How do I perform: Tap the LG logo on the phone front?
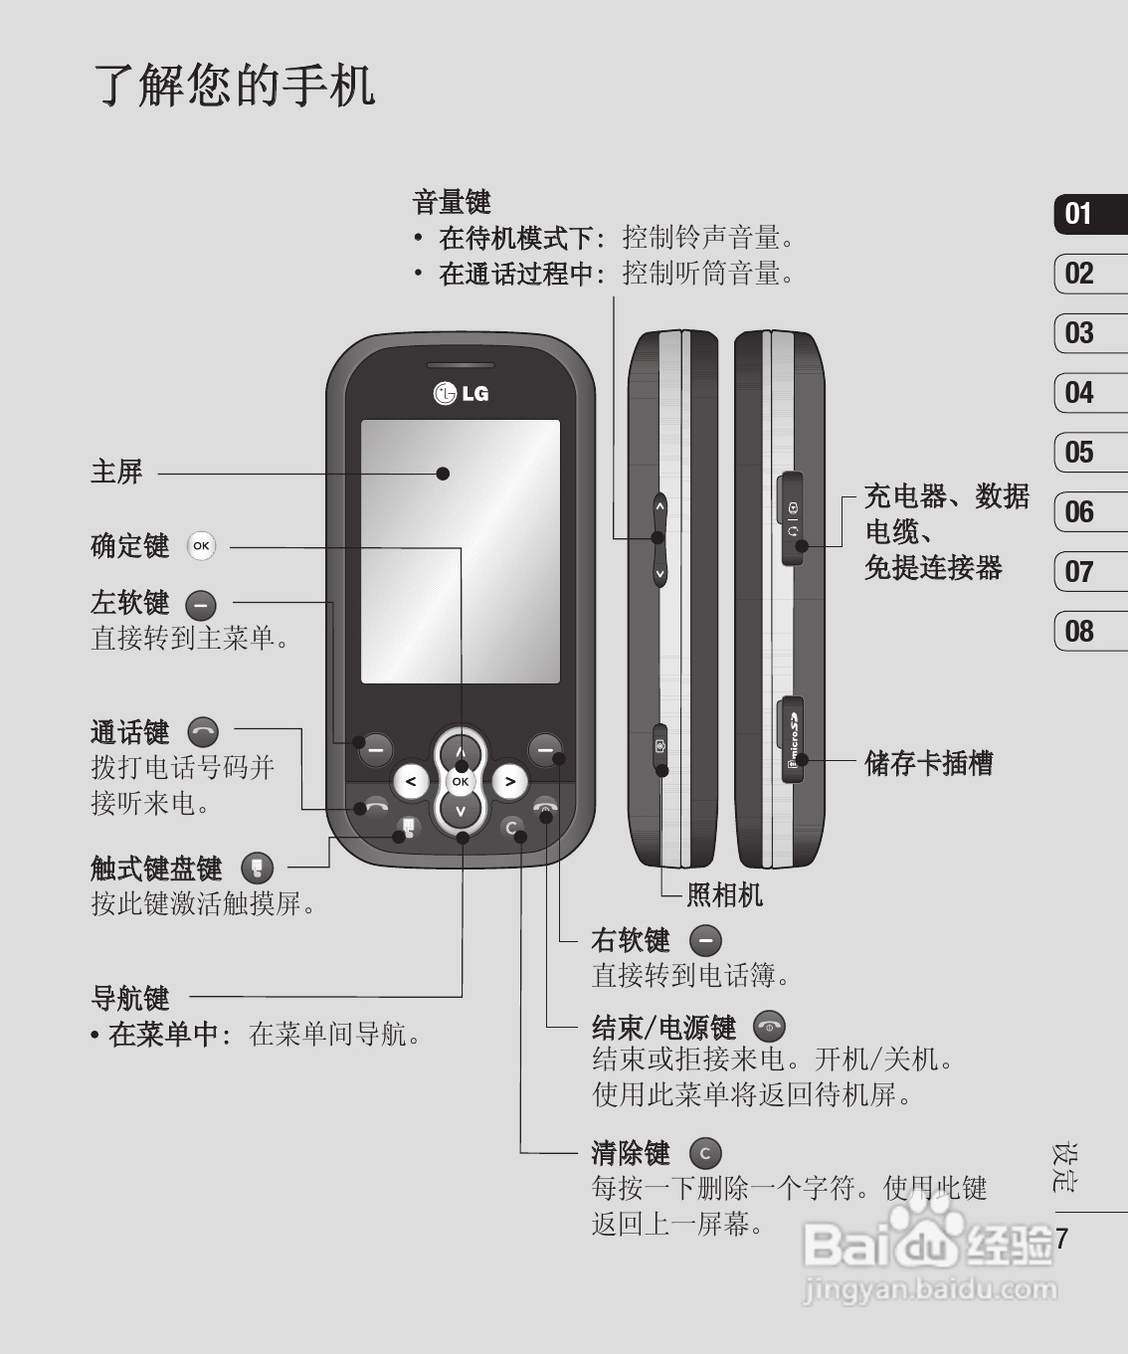point(461,393)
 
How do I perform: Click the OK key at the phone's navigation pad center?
point(460,782)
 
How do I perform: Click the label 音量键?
point(452,202)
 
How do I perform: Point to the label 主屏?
point(116,472)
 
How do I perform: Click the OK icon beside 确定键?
point(201,545)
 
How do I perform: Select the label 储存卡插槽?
point(928,763)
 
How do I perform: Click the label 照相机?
point(724,894)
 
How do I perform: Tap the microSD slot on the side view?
point(792,740)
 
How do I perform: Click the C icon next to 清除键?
point(704,1153)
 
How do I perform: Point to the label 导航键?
point(130,997)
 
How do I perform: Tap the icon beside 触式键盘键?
point(257,868)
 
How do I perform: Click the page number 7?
point(1062,1239)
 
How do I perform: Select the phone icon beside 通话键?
point(203,732)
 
